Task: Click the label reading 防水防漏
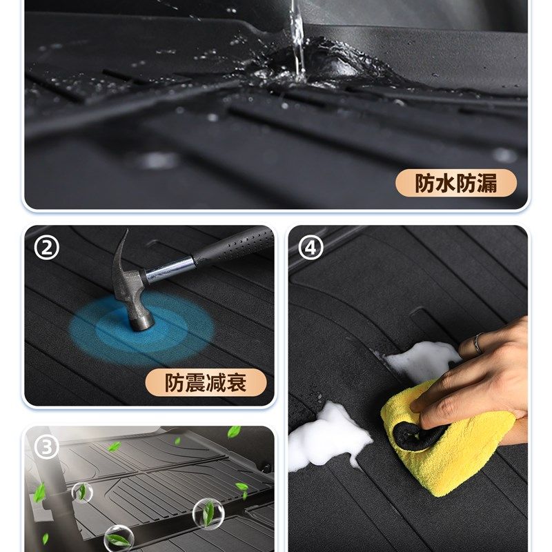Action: click(455, 184)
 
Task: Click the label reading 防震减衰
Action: click(206, 382)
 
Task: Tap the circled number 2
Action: click(46, 247)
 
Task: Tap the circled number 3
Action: click(46, 447)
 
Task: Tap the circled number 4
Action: click(310, 247)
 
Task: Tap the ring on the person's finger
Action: click(478, 343)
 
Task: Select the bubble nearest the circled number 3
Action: click(81, 491)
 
